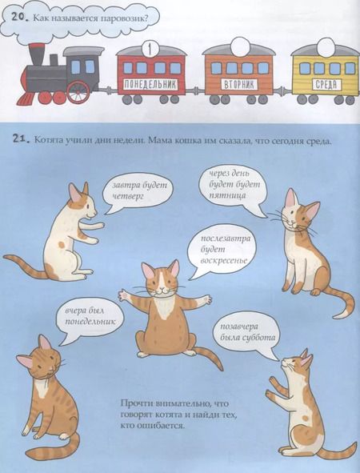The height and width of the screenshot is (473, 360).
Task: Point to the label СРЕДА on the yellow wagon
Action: pyautogui.click(x=323, y=84)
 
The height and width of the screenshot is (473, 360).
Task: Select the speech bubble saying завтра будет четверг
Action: pyautogui.click(x=138, y=191)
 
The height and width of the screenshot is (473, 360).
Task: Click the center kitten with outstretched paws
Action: pyautogui.click(x=164, y=308)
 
